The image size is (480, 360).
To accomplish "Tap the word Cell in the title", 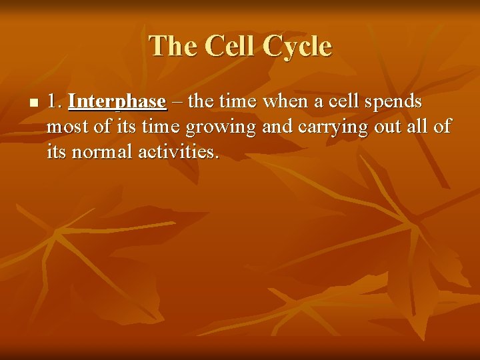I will [x=231, y=47].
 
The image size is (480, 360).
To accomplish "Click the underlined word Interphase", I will [x=117, y=102].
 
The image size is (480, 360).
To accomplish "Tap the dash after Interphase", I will [x=177, y=102].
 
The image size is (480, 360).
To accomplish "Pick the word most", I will [x=67, y=127].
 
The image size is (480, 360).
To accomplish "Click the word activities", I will [x=176, y=152].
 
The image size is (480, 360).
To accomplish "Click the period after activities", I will [x=216, y=157].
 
